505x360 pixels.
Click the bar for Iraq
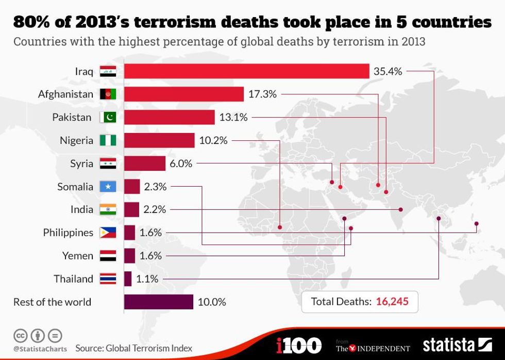tap(246, 71)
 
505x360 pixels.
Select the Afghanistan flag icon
tap(108, 94)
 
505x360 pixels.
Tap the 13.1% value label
tap(233, 117)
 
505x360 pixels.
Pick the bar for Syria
tap(145, 163)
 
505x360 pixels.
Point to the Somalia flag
tap(108, 187)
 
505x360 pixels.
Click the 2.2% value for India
tap(155, 209)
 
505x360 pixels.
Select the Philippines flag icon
tap(108, 233)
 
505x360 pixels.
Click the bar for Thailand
tap(128, 279)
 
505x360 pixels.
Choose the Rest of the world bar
tap(158, 302)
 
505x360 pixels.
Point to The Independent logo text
tap(374, 348)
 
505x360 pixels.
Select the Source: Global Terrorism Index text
tap(133, 348)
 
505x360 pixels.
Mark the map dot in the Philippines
tap(477, 223)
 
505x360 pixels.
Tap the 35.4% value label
tap(388, 71)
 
